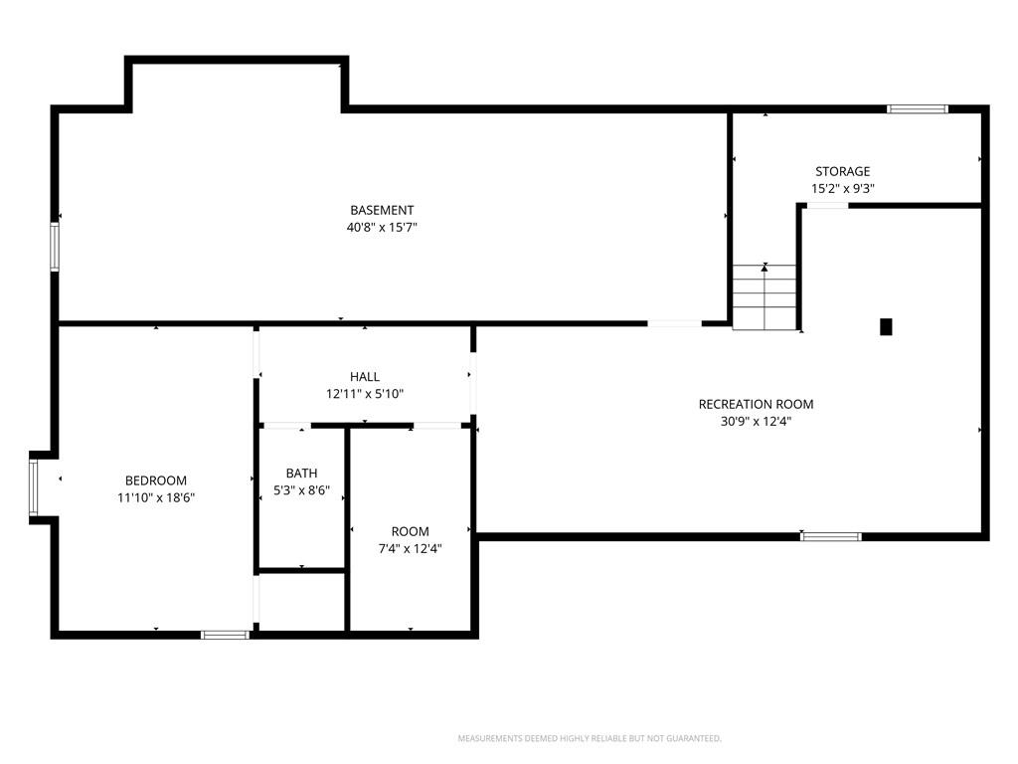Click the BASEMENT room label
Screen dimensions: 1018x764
point(382,211)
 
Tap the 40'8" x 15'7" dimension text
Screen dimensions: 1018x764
point(382,228)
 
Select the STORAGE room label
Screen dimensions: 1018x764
point(843,171)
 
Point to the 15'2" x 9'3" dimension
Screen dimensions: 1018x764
point(843,188)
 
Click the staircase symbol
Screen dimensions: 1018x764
point(764,296)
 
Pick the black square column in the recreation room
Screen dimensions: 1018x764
point(886,326)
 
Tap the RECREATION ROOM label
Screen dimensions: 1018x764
point(756,404)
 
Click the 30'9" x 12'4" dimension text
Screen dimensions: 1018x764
point(756,421)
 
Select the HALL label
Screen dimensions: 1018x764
point(365,377)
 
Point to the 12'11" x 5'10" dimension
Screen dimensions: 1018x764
point(365,394)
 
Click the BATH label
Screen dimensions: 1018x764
point(302,474)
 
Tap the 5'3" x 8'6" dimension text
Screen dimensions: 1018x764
point(302,490)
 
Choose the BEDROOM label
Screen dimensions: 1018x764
point(156,480)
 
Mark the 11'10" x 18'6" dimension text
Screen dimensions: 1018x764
point(156,497)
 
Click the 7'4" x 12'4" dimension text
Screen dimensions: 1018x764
point(411,548)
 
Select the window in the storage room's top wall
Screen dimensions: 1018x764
point(918,109)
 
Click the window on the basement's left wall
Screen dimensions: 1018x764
point(55,247)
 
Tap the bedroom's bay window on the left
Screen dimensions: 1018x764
point(33,487)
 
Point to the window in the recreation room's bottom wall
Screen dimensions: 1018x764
point(831,536)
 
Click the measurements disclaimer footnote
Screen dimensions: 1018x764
point(590,739)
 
